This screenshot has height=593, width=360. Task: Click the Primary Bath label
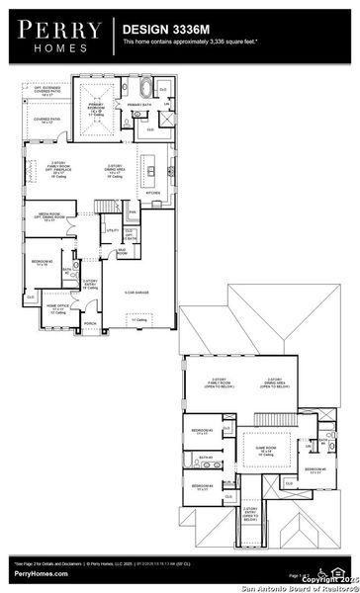135,102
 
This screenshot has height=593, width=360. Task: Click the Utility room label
114,231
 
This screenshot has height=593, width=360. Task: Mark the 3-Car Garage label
136,294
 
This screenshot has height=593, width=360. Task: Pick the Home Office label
57,308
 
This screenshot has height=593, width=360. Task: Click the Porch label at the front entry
89,323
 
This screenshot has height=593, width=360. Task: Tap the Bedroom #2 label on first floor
42,262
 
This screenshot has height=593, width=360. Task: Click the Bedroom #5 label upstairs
315,469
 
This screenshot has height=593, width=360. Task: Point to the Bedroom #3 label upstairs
202,431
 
